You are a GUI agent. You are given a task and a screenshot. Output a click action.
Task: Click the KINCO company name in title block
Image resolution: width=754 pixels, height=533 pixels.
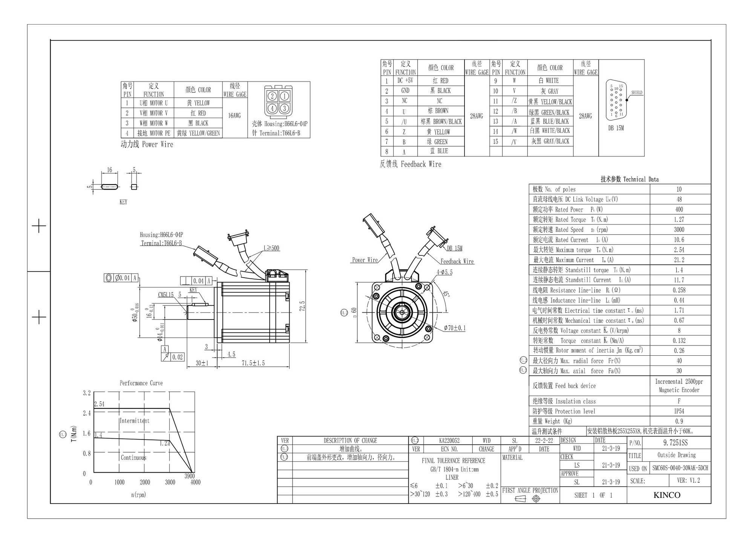click(667, 495)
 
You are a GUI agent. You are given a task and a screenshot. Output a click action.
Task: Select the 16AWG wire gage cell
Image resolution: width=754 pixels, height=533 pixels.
click(234, 116)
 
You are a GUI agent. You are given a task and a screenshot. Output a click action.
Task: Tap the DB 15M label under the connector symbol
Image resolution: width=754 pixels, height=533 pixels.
click(616, 128)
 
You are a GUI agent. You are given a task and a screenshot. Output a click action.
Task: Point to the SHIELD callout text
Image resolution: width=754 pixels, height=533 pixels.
click(637, 92)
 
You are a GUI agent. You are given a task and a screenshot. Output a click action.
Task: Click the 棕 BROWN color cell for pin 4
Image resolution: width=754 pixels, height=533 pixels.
click(441, 111)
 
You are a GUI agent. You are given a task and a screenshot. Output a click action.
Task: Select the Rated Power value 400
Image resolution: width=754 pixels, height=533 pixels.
click(679, 209)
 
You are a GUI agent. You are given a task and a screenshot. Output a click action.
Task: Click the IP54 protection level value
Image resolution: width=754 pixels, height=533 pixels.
click(679, 411)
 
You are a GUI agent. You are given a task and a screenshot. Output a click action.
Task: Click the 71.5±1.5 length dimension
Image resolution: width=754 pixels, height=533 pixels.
click(253, 363)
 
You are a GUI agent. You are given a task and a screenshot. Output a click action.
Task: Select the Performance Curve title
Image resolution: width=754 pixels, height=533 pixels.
click(141, 383)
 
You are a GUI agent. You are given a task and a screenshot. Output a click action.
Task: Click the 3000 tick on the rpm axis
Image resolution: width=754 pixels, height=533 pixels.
click(170, 482)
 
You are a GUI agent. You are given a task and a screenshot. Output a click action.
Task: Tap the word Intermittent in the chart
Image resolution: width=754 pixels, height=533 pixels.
click(134, 421)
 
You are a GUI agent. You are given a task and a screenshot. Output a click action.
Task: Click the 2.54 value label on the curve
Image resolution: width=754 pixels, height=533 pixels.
click(99, 404)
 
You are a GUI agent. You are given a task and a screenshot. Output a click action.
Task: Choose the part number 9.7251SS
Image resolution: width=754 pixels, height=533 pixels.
click(676, 443)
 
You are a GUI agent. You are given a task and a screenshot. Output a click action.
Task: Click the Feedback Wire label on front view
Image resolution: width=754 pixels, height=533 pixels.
click(457, 261)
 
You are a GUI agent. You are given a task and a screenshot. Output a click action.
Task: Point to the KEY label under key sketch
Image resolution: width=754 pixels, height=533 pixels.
click(123, 202)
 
